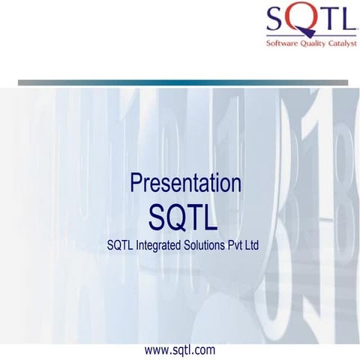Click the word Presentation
(x=185, y=184)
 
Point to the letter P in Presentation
(x=136, y=184)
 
